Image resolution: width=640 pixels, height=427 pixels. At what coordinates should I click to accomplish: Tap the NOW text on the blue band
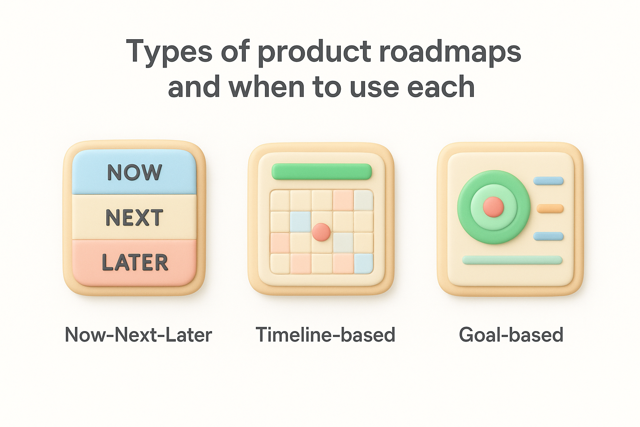(x=134, y=172)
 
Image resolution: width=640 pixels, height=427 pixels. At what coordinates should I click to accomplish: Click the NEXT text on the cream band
(x=134, y=217)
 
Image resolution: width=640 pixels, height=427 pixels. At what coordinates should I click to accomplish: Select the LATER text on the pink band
(x=135, y=262)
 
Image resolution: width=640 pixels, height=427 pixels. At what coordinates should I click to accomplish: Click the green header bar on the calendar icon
(x=321, y=171)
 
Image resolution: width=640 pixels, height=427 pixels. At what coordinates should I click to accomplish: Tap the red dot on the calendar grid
(x=321, y=232)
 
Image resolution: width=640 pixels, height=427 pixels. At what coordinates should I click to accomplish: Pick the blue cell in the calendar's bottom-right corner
(x=363, y=263)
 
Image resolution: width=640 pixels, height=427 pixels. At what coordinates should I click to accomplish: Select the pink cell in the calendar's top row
(x=343, y=201)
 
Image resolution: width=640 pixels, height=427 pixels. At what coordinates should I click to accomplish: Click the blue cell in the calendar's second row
(x=300, y=221)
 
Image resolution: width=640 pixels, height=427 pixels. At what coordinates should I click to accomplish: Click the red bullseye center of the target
(x=493, y=207)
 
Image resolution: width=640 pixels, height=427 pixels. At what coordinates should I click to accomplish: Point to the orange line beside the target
(x=550, y=208)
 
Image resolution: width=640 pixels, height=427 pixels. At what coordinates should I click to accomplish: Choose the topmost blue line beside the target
(x=548, y=181)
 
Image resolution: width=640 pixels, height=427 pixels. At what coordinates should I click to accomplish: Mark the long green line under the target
(x=512, y=260)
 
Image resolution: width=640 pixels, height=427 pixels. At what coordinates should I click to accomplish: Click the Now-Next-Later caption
(x=138, y=335)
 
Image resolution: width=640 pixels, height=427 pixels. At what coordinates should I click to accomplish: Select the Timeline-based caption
(x=325, y=335)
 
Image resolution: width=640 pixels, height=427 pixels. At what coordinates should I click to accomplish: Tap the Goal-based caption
(x=511, y=335)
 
